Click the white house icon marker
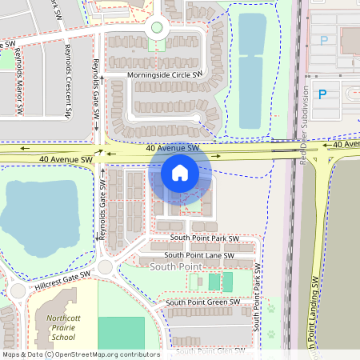click(x=180, y=172)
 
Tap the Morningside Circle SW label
click(x=166, y=76)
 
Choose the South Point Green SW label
click(x=202, y=302)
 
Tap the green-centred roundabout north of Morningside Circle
click(x=157, y=28)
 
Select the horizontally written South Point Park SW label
click(x=204, y=238)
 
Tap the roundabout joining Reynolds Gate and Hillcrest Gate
click(x=105, y=267)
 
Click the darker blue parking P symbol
click(x=323, y=94)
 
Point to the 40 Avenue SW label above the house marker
click(x=172, y=148)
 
